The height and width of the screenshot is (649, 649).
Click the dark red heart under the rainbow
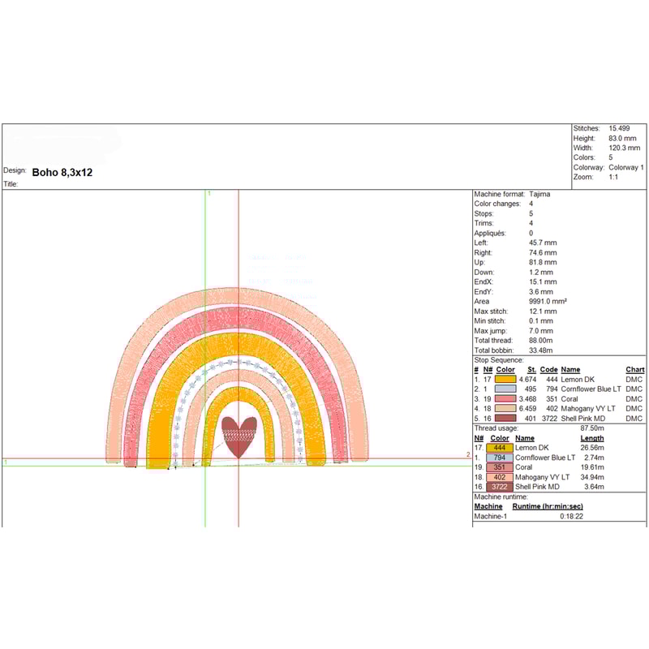tap(239, 436)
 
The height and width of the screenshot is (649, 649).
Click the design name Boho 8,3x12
tap(62, 173)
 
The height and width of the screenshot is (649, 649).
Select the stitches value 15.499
tap(619, 128)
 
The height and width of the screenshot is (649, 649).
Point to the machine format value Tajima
tap(539, 194)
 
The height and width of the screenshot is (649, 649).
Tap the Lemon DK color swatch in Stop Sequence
tap(505, 379)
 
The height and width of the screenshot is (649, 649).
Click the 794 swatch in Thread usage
tap(500, 458)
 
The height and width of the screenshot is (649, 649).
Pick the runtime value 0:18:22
tap(571, 516)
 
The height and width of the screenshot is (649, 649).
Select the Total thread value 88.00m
tap(540, 340)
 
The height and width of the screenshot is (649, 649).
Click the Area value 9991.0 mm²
tap(548, 301)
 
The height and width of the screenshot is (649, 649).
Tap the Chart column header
tap(634, 370)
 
